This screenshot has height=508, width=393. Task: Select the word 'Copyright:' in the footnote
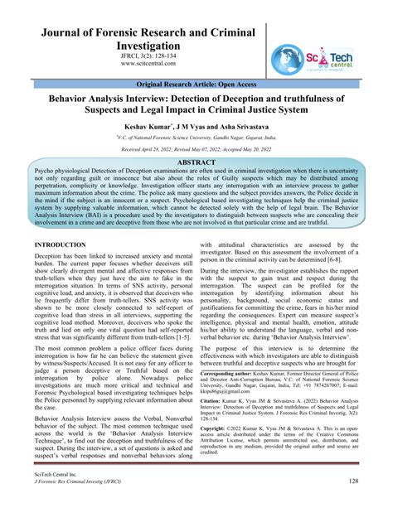coord(216,431)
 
